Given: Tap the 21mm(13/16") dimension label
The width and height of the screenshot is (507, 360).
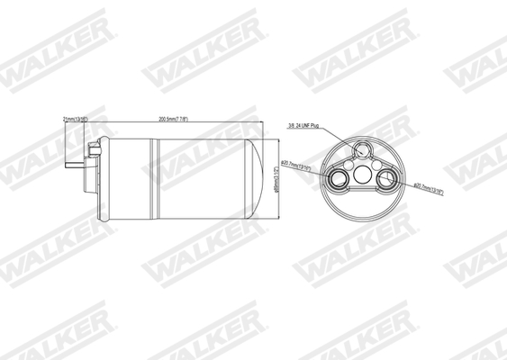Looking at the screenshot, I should (75, 118).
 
